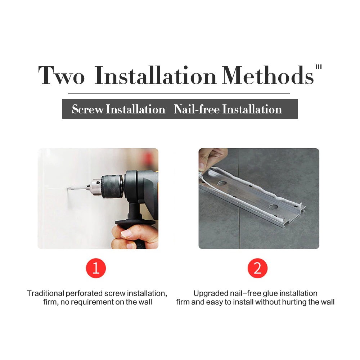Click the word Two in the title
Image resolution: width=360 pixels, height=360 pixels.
[x=62, y=75]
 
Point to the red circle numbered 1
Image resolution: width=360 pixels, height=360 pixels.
[x=96, y=268]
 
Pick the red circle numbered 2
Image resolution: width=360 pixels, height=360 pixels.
[x=257, y=268]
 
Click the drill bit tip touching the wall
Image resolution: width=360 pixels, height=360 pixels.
[x=68, y=189]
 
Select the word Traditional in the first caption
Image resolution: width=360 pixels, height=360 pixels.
[x=45, y=293]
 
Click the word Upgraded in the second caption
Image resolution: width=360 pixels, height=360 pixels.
[x=211, y=294]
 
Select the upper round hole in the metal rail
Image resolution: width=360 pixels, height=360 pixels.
[x=222, y=183]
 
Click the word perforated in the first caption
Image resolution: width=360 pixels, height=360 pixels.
[x=84, y=294]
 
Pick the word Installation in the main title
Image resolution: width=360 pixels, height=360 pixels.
[x=156, y=75]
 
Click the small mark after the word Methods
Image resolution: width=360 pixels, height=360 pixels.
[x=319, y=67]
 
